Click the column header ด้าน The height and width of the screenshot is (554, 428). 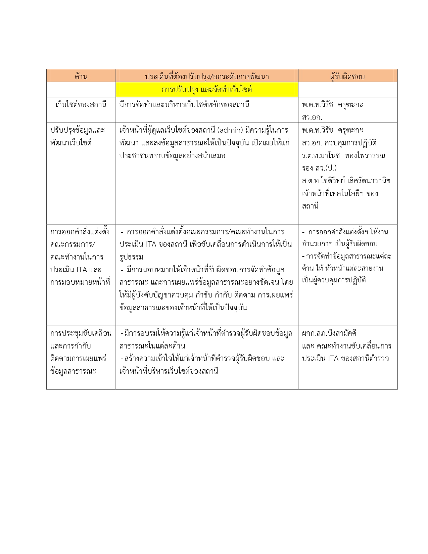pyautogui.click(x=81, y=77)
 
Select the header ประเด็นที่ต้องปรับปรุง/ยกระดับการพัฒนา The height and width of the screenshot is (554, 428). pyautogui.click(x=207, y=77)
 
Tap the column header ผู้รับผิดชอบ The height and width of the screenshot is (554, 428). pyautogui.click(x=347, y=77)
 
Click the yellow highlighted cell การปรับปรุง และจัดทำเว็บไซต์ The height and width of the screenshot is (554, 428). pyautogui.click(x=207, y=90)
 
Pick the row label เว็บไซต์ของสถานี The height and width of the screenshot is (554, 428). pyautogui.click(x=81, y=105)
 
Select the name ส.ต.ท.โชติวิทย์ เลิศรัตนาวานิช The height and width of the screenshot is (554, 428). pyautogui.click(x=346, y=181)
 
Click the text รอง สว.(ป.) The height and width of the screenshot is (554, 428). pyautogui.click(x=319, y=168)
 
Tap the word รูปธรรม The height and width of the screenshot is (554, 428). pyautogui.click(x=131, y=257)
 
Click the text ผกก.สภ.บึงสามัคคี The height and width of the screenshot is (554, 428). pyautogui.click(x=329, y=333)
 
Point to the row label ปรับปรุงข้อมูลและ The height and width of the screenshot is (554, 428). pyautogui.click(x=78, y=130)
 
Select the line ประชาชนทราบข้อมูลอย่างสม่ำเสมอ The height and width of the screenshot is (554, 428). pyautogui.click(x=172, y=156)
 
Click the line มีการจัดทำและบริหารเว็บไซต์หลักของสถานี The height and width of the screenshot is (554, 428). pyautogui.click(x=184, y=105)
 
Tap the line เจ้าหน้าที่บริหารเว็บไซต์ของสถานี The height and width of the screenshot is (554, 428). pyautogui.click(x=169, y=371)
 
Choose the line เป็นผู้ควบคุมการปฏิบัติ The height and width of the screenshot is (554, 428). pyautogui.click(x=334, y=280)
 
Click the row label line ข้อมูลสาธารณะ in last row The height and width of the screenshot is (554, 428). pyautogui.click(x=73, y=371)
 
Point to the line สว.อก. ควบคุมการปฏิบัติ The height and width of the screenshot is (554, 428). pyautogui.click(x=339, y=143)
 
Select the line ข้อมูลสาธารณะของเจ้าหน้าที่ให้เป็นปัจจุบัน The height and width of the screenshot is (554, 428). pyautogui.click(x=183, y=308)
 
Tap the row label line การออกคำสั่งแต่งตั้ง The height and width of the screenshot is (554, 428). pyautogui.click(x=80, y=232)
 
